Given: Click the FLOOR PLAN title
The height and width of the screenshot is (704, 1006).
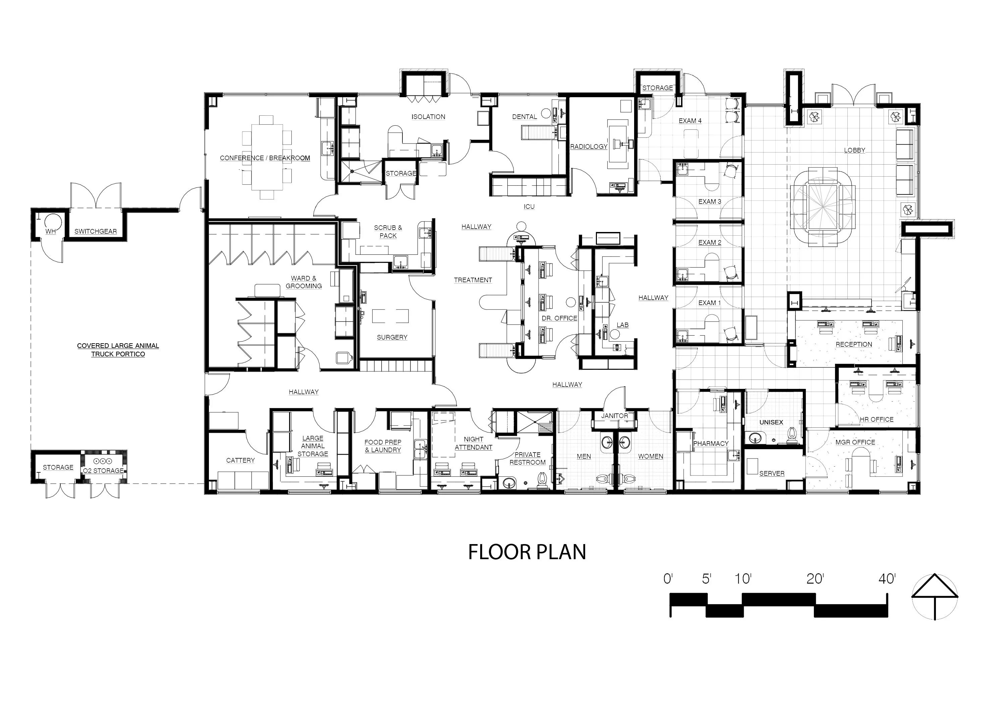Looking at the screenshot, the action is pyautogui.click(x=527, y=552).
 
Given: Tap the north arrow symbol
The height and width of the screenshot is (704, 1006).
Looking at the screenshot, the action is pyautogui.click(x=935, y=596).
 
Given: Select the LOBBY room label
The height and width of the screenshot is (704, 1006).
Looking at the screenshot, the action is pyautogui.click(x=854, y=150).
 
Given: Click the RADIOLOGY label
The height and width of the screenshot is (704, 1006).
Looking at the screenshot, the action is pyautogui.click(x=589, y=146).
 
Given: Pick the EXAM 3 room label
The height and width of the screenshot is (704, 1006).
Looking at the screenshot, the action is pyautogui.click(x=710, y=201).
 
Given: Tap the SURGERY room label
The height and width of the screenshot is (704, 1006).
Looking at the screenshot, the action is pyautogui.click(x=392, y=337).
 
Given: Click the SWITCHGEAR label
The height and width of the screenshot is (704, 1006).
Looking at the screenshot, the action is pyautogui.click(x=96, y=231).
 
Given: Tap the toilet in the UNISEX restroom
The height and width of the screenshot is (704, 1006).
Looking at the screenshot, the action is pyautogui.click(x=792, y=433).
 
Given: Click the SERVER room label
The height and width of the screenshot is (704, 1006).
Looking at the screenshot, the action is pyautogui.click(x=772, y=474).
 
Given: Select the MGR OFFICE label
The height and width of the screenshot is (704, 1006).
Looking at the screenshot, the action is pyautogui.click(x=855, y=443).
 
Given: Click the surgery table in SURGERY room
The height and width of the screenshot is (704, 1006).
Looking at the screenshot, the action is pyautogui.click(x=390, y=316).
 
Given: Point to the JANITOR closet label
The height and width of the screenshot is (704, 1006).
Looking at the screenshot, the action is pyautogui.click(x=614, y=416).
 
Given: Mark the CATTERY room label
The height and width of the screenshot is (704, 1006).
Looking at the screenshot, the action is pyautogui.click(x=240, y=460).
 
